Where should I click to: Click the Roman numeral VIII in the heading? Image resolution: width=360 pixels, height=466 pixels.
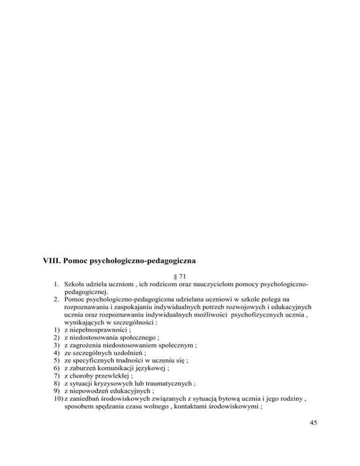click(45, 257)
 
